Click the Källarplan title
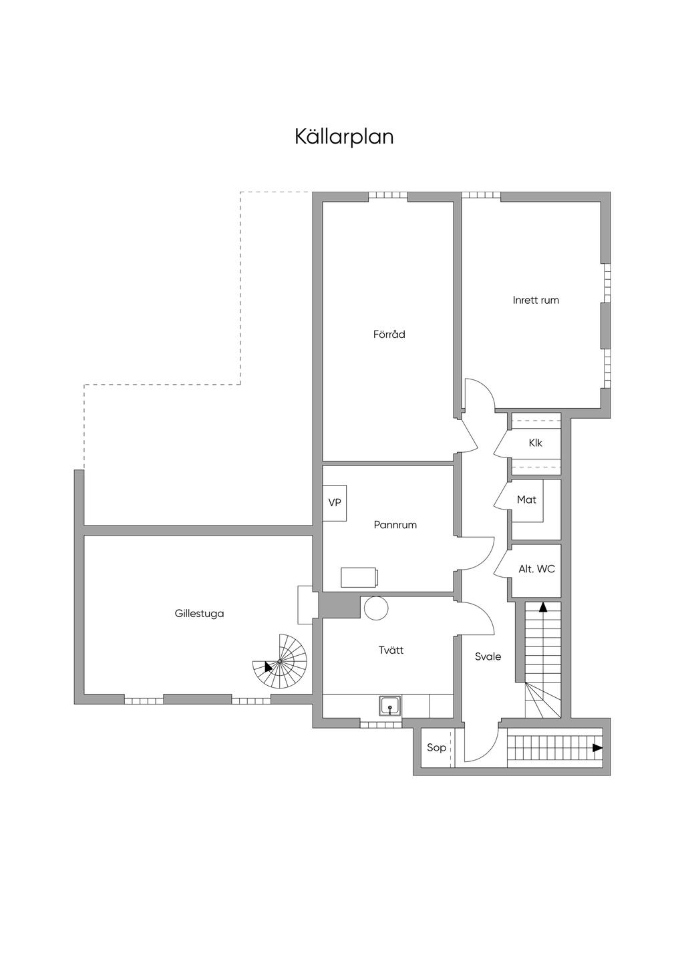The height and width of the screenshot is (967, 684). click(344, 136)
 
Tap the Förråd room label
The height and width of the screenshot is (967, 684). click(389, 334)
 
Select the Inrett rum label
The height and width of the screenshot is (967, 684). click(536, 300)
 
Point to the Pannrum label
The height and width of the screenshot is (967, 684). click(395, 525)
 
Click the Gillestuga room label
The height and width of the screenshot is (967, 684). click(199, 613)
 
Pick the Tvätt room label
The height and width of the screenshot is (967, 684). click(391, 650)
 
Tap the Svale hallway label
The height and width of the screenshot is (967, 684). click(488, 656)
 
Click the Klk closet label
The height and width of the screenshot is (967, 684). click(535, 443)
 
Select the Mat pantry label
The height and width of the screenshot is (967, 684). click(526, 500)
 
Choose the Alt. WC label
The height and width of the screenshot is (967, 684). click(536, 569)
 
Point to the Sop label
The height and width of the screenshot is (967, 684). click(436, 747)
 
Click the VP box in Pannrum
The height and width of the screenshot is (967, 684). click(335, 502)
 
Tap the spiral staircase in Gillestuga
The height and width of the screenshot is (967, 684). click(281, 662)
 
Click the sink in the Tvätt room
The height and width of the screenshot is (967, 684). click(390, 705)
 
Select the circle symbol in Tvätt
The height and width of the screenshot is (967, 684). click(376, 608)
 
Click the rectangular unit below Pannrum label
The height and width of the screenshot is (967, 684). click(359, 577)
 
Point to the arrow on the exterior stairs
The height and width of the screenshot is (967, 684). click(597, 748)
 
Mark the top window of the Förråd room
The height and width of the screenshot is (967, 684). click(388, 196)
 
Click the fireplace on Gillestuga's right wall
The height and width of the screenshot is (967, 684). click(306, 604)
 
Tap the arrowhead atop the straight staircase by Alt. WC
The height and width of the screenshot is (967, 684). click(542, 607)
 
